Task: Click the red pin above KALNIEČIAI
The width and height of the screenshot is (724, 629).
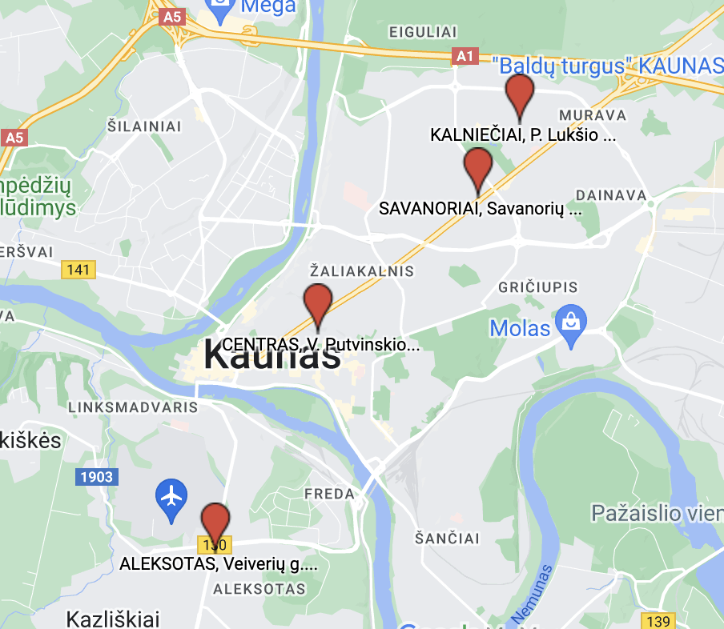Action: pyautogui.click(x=520, y=94)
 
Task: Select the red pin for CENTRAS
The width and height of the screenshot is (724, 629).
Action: pyautogui.click(x=318, y=303)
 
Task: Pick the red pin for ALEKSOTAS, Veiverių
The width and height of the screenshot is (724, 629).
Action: pyautogui.click(x=214, y=523)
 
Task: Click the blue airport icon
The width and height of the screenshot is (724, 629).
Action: pyautogui.click(x=171, y=496)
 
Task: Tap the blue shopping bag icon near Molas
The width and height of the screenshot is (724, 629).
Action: pyautogui.click(x=571, y=323)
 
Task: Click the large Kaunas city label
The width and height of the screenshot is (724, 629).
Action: pyautogui.click(x=272, y=355)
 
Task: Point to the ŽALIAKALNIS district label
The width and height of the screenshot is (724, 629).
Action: pyautogui.click(x=362, y=271)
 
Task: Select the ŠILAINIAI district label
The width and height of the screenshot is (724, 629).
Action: pyautogui.click(x=145, y=126)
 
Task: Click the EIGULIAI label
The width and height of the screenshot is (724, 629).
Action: pyautogui.click(x=422, y=32)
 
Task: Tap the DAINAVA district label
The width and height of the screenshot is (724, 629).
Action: pyautogui.click(x=611, y=195)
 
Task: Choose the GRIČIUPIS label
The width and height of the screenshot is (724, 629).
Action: pyautogui.click(x=537, y=287)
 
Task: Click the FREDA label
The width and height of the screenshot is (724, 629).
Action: pyautogui.click(x=329, y=495)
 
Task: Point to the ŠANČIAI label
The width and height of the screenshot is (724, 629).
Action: pyautogui.click(x=448, y=538)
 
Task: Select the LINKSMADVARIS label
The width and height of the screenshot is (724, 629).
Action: pyautogui.click(x=134, y=407)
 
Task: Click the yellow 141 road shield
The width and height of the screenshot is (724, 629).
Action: pyautogui.click(x=78, y=270)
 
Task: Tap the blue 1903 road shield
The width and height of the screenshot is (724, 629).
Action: pyautogui.click(x=97, y=477)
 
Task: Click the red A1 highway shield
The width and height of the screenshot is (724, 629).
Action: pyautogui.click(x=465, y=56)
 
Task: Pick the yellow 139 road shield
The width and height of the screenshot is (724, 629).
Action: pyautogui.click(x=658, y=621)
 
